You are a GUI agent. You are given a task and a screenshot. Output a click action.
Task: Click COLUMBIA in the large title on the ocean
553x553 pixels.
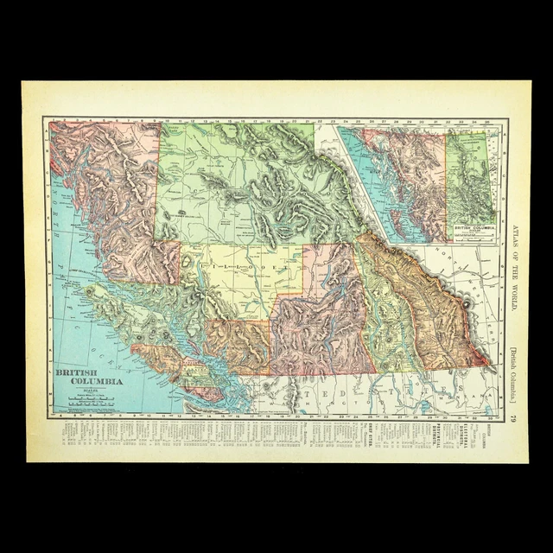click(x=89, y=381)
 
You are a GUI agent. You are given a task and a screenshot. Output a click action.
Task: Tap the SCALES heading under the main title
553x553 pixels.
click(x=90, y=390)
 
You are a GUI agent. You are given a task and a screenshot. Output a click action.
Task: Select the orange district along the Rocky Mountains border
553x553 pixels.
click(x=423, y=302)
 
